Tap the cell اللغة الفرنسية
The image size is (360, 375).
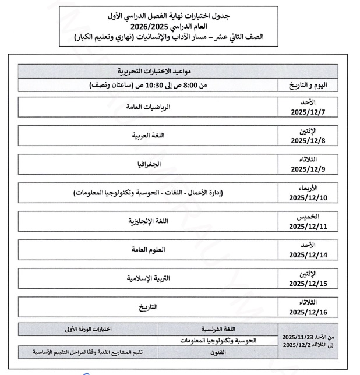[218, 328]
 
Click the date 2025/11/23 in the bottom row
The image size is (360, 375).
[299, 337]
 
